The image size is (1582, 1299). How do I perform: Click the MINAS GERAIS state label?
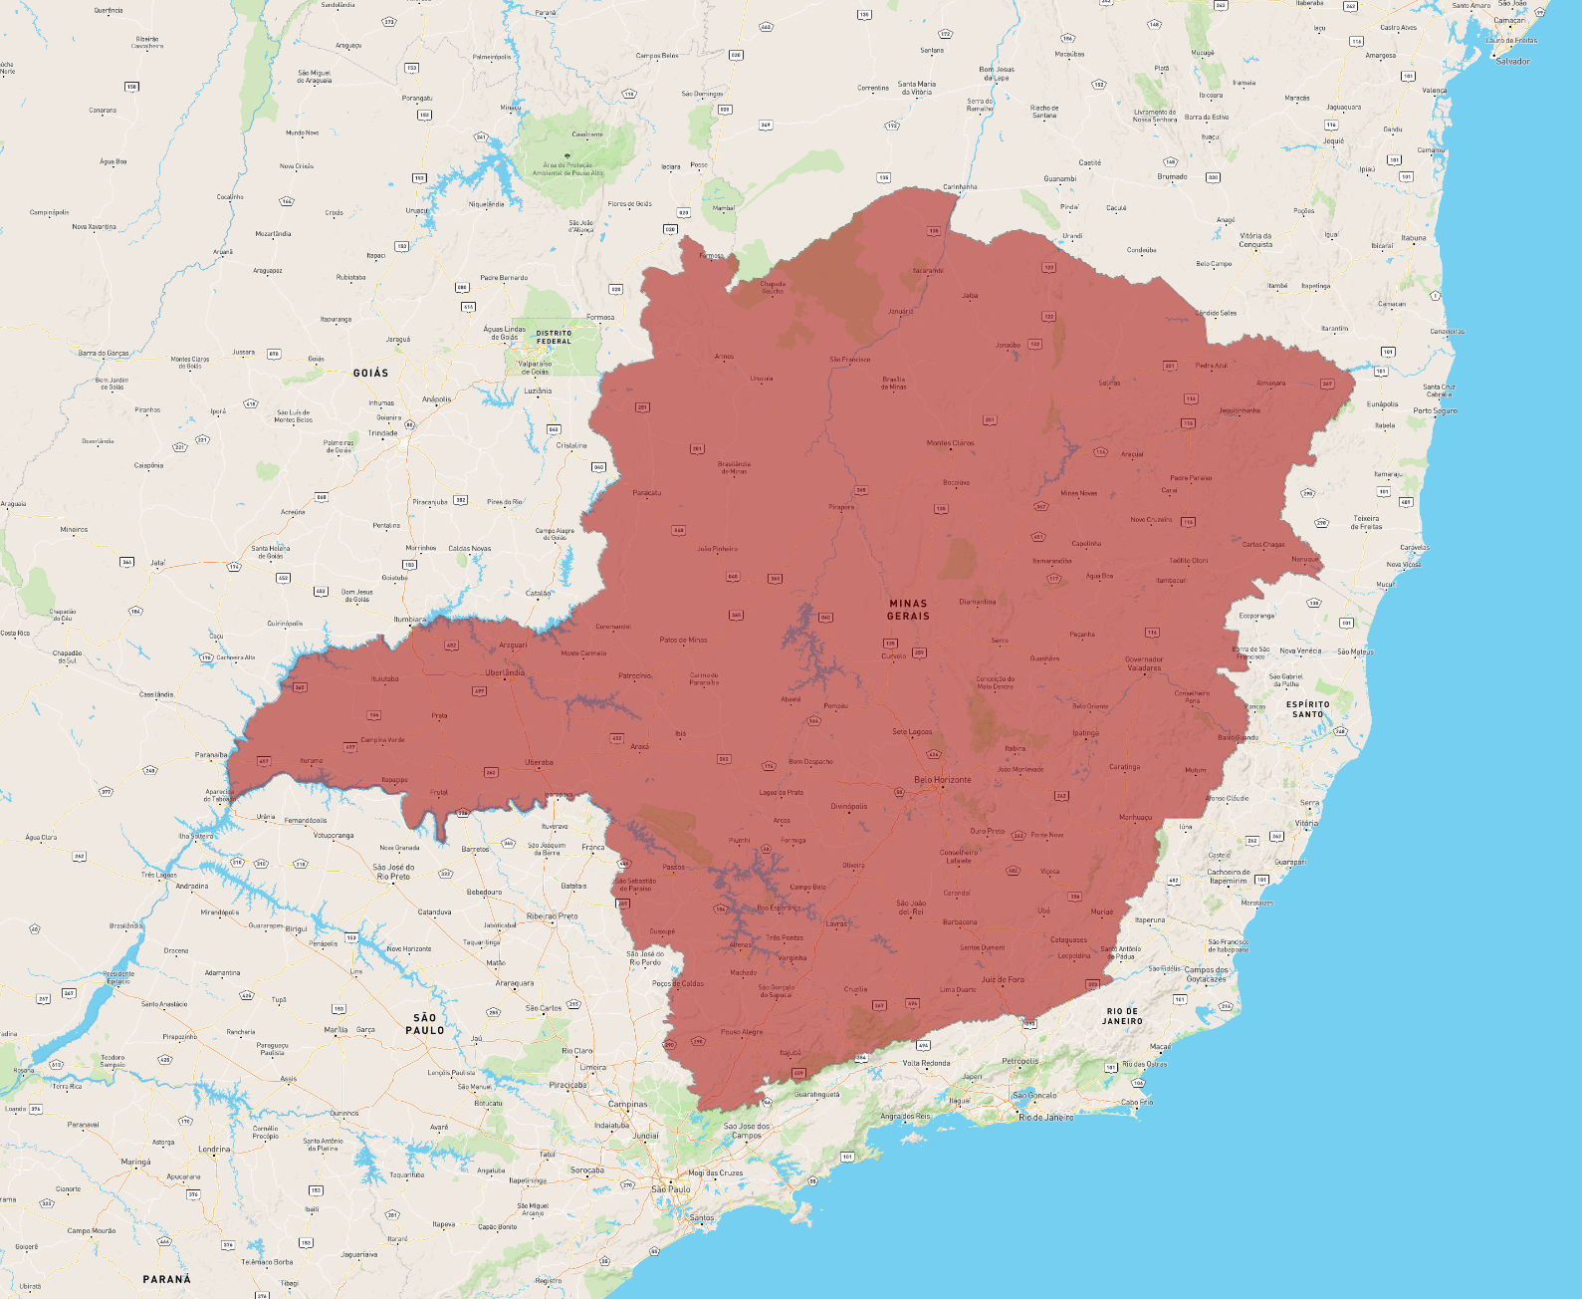[x=908, y=610]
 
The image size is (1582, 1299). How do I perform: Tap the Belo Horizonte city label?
[x=942, y=780]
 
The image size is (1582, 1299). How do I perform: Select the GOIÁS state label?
[x=370, y=373]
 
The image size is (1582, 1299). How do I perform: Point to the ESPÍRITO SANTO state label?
[x=1308, y=709]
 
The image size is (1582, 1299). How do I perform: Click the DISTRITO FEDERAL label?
[x=555, y=337]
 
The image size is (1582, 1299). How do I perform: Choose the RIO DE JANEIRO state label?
[x=1122, y=1016]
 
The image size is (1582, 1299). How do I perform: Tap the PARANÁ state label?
[x=166, y=1279]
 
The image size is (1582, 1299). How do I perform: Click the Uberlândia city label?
[x=505, y=672]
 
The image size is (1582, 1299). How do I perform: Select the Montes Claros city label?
[x=950, y=443]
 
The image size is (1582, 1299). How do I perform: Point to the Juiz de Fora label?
[x=1002, y=979]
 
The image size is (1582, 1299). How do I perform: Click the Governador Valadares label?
[x=1144, y=663]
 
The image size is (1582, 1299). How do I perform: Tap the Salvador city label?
[x=1512, y=62]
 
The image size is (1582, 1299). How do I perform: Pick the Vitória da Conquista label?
[x=1255, y=240]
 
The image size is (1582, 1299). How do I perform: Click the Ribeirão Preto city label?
[x=552, y=916]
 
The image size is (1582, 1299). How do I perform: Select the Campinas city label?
[x=627, y=1104]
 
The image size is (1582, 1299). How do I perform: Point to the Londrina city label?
[x=214, y=1149]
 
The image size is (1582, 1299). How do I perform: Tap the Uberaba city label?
[x=539, y=763]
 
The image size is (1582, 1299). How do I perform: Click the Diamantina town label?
[x=977, y=602]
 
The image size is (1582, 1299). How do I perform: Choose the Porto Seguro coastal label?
[x=1435, y=410]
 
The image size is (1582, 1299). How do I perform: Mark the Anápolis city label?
[x=436, y=399]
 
